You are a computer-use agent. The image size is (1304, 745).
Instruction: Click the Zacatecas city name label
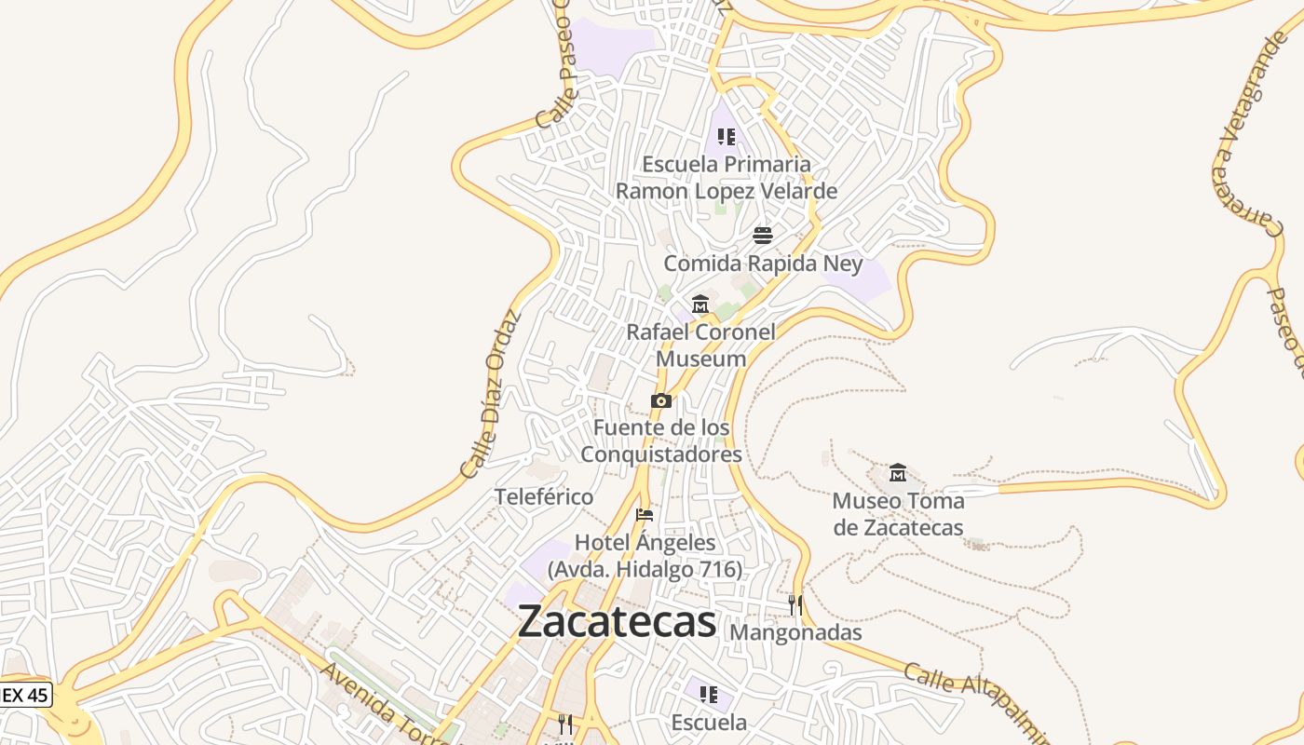pos(617,621)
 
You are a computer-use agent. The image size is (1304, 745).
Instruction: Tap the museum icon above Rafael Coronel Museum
pos(700,305)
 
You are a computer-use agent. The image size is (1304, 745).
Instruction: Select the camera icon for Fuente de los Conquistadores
pos(661,400)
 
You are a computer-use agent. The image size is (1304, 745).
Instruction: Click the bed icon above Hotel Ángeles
pos(645,515)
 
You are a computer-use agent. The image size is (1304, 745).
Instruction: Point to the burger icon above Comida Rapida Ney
pos(763,235)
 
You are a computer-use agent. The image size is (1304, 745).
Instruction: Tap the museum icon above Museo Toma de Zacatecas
pos(898,473)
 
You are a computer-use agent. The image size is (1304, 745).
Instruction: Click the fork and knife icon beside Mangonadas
pos(795,605)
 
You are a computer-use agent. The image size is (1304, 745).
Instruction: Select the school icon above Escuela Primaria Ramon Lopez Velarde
pos(727,137)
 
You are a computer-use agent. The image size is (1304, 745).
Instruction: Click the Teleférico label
pos(544,497)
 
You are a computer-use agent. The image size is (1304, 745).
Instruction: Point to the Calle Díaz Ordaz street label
pos(489,393)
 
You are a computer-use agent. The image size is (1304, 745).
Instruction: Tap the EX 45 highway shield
pos(25,695)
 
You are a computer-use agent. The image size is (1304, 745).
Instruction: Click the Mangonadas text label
pos(795,632)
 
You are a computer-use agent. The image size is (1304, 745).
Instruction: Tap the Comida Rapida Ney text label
pos(763,264)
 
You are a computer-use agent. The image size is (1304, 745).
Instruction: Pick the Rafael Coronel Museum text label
pos(700,345)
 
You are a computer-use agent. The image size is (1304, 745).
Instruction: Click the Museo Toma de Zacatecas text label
pos(898,514)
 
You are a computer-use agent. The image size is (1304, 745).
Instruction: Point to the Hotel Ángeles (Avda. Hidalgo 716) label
pos(645,555)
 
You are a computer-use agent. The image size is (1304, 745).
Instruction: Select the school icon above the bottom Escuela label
pos(709,695)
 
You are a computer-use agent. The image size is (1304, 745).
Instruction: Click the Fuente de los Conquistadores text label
pos(661,440)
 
